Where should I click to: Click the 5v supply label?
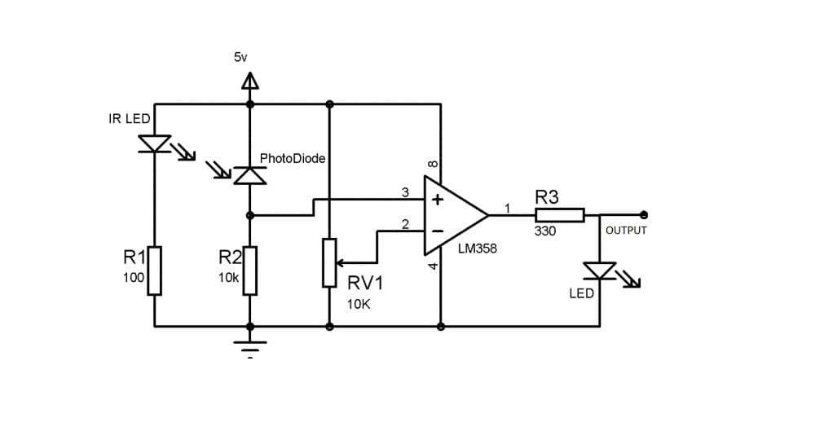point(240,57)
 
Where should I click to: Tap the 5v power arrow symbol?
point(250,81)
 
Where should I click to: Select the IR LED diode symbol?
point(155,144)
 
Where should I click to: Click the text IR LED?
point(130,119)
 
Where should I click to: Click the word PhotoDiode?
point(292,159)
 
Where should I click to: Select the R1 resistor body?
point(155,271)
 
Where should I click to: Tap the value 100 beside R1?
point(134,278)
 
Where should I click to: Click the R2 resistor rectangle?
point(250,271)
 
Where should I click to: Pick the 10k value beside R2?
point(228,278)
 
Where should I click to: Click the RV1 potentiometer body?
point(329,262)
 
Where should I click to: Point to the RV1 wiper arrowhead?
point(340,262)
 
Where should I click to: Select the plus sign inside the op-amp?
point(437,200)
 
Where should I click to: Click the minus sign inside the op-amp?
point(437,231)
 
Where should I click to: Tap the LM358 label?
point(477,249)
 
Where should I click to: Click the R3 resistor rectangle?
point(560,215)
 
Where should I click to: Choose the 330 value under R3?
point(545,231)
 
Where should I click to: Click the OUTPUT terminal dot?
point(644,215)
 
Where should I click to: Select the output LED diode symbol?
point(600,271)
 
